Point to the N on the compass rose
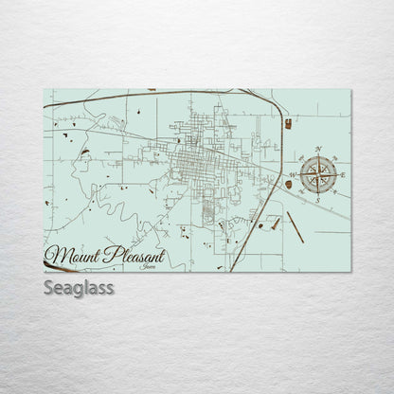click(x=317, y=149)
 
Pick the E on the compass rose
click(x=344, y=175)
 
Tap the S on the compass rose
click(x=318, y=202)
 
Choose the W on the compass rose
click(x=292, y=175)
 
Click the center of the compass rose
click(x=318, y=175)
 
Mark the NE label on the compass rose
click(x=334, y=158)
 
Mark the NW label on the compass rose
click(x=301, y=158)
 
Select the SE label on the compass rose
click(x=334, y=192)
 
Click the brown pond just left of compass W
click(x=287, y=185)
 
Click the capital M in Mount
click(x=54, y=254)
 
